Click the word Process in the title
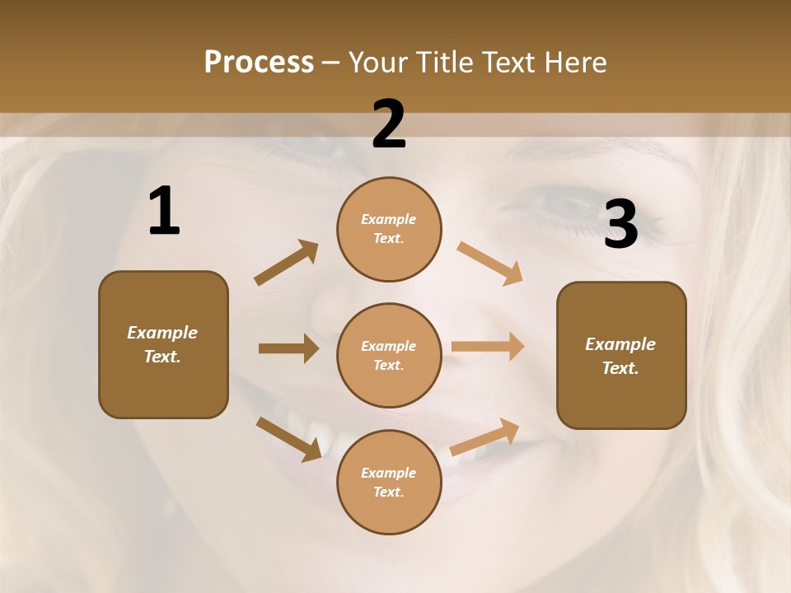(x=259, y=63)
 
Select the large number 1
(x=164, y=212)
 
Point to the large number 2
(x=389, y=124)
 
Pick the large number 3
(x=620, y=225)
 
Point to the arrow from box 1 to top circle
(x=286, y=263)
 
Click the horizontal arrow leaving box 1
(x=288, y=348)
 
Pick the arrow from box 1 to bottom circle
(x=288, y=438)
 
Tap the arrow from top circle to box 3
(x=490, y=263)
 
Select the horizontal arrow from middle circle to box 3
(x=488, y=347)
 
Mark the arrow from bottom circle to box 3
(x=485, y=437)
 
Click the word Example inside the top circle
(x=389, y=220)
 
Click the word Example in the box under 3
(x=620, y=344)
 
